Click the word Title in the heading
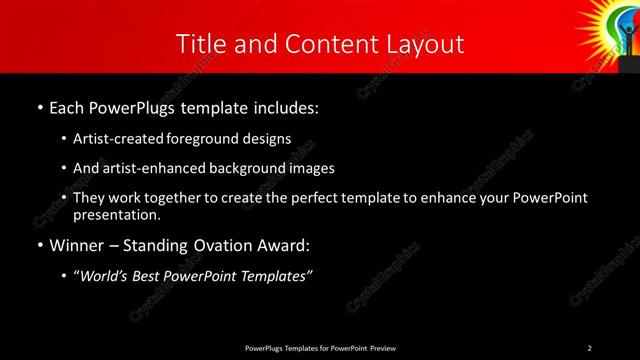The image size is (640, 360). [199, 44]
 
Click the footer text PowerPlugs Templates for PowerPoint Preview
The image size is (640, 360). [320, 347]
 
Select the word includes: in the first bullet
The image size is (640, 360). [285, 105]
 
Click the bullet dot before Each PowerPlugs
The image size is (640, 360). [38, 106]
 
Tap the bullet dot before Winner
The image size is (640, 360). [38, 245]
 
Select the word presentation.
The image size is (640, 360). [117, 214]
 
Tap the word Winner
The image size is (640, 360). [76, 244]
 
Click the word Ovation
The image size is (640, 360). [217, 244]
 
